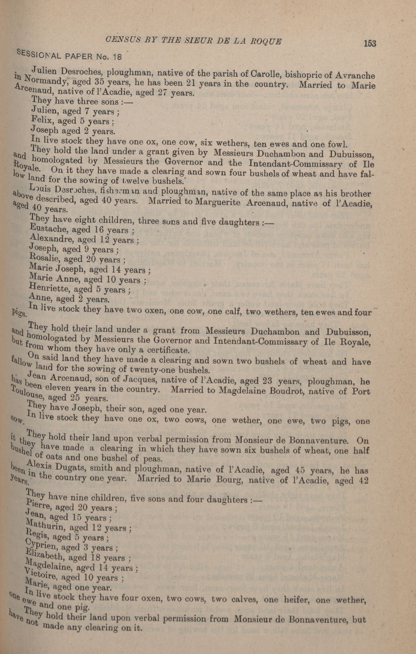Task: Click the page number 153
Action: (370, 43)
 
